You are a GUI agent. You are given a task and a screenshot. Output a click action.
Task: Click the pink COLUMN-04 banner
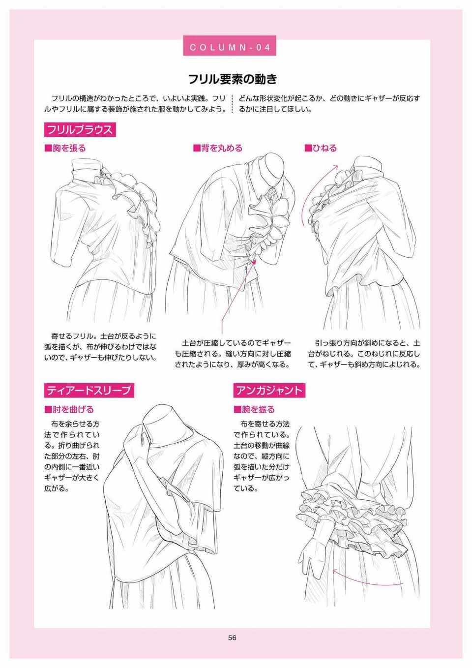(x=230, y=46)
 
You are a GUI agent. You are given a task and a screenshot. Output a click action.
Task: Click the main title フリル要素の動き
(x=233, y=79)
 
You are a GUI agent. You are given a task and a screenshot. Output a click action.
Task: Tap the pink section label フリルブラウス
(x=80, y=130)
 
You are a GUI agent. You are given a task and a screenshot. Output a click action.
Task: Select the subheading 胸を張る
(x=65, y=148)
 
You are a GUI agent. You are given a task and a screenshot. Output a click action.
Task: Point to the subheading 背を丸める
(x=218, y=148)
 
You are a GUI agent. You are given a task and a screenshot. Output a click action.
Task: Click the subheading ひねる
(x=321, y=148)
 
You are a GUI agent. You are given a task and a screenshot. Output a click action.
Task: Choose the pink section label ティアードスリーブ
(x=89, y=390)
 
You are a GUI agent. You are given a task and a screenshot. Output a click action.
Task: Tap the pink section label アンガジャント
(x=269, y=390)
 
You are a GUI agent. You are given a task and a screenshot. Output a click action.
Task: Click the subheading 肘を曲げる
(x=69, y=409)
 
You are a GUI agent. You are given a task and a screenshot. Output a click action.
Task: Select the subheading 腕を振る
(x=254, y=409)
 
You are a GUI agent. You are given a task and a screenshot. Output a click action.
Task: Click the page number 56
(x=233, y=638)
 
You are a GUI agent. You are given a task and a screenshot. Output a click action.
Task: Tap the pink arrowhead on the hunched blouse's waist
(x=254, y=263)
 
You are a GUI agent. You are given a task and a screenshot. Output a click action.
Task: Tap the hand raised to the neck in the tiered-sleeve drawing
(x=136, y=447)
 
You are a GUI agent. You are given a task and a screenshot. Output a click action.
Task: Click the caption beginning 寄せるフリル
(x=100, y=347)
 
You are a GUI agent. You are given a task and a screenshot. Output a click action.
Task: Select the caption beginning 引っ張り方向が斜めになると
(x=364, y=354)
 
